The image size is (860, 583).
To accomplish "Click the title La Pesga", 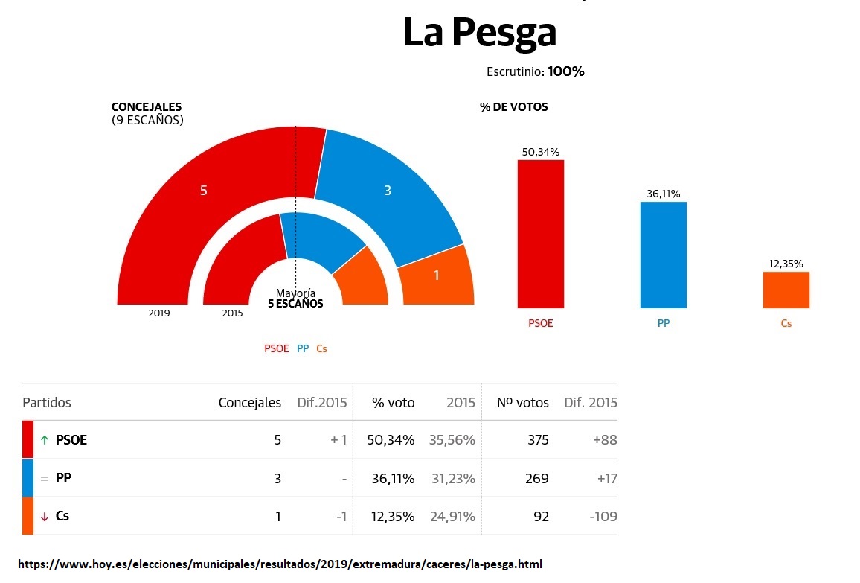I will coord(479,34).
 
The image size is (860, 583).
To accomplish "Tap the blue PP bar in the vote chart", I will coord(664,255).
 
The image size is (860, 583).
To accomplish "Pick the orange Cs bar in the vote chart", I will coord(786,290).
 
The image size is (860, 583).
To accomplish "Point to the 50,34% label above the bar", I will coord(541,152).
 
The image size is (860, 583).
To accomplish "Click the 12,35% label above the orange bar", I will coord(786,264).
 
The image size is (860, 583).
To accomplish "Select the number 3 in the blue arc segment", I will coord(387,191).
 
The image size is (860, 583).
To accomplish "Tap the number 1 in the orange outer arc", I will coord(437,275).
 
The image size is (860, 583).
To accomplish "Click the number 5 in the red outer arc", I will coord(203,191).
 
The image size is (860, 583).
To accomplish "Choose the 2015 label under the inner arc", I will coord(232,313).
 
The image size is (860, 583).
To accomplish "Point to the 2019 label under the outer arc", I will coord(159,313).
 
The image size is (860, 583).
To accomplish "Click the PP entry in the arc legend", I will coord(303,348).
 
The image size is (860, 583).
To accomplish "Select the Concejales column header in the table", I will coord(250,403).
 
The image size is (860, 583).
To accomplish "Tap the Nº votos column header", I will coord(523,403).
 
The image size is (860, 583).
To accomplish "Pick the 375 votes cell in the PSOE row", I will coord(537,440).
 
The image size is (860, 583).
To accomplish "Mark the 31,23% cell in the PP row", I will coord(453,478).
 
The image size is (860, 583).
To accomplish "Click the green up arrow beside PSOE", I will coord(45,440).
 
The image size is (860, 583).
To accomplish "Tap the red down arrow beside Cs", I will coord(45,516).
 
